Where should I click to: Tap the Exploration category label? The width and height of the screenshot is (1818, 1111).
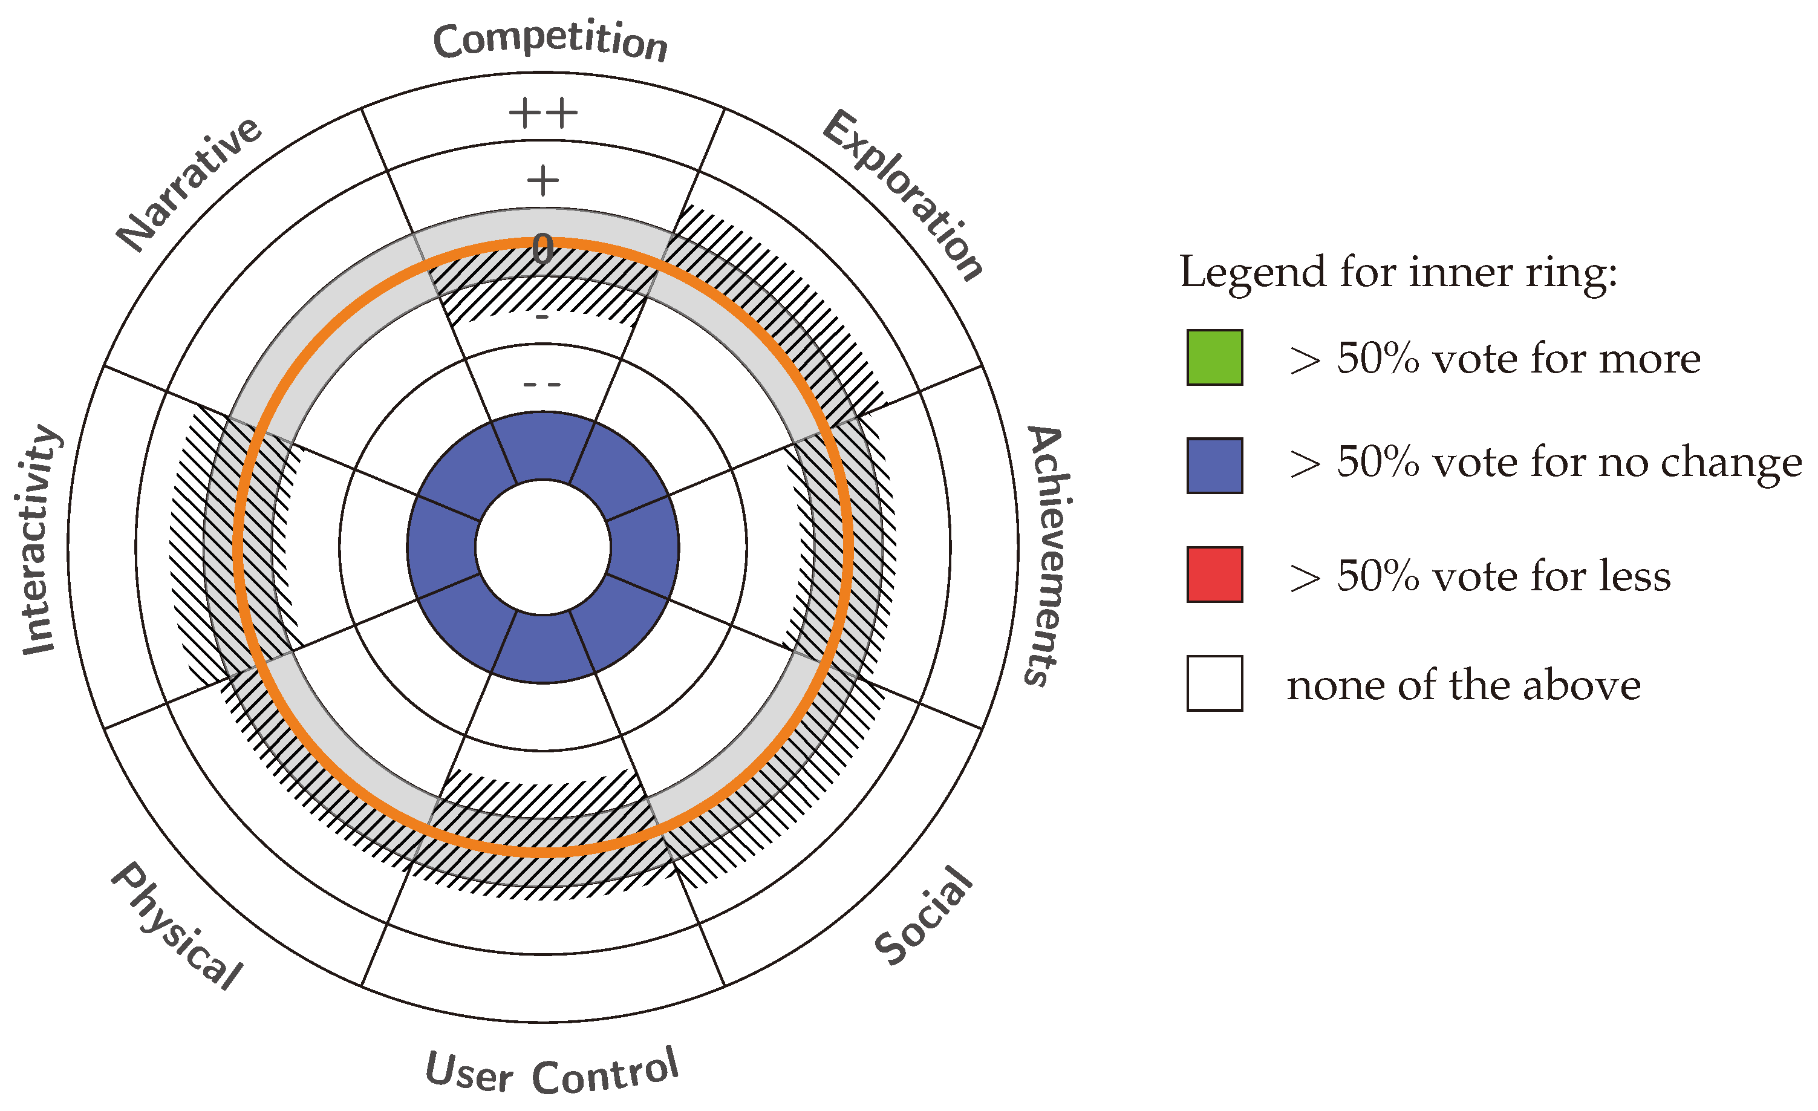click(902, 195)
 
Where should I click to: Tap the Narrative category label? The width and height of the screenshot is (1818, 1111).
click(189, 184)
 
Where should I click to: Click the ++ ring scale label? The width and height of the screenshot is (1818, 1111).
click(543, 114)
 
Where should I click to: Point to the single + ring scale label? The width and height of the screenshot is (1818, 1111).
click(543, 181)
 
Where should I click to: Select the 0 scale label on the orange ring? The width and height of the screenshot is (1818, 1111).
click(543, 249)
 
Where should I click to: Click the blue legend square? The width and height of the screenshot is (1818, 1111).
click(1214, 466)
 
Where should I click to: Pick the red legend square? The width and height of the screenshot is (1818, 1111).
click(1214, 575)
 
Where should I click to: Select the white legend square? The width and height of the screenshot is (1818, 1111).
click(1214, 683)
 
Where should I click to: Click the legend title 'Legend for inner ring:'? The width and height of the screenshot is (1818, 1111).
click(1398, 272)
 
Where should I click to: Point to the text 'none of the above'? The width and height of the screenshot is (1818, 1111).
click(1463, 685)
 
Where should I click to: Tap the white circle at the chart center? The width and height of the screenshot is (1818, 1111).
click(543, 547)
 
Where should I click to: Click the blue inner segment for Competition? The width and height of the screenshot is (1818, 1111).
click(543, 446)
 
